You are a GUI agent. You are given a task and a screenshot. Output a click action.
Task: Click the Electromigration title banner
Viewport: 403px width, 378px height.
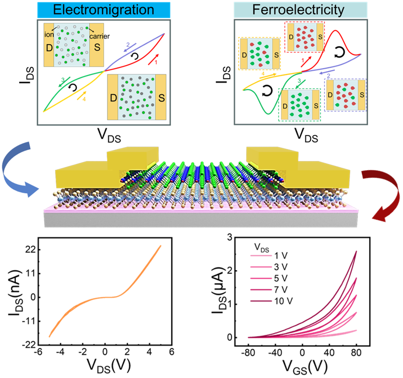tap(104, 10)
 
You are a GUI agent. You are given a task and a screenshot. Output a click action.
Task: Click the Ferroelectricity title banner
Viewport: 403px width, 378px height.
tap(300, 10)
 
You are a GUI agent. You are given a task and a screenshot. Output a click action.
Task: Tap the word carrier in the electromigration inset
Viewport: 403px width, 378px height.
tap(99, 37)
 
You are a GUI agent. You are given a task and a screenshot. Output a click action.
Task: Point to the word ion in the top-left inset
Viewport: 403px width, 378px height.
tap(49, 34)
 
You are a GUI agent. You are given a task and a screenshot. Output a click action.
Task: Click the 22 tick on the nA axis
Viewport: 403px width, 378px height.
tap(30, 250)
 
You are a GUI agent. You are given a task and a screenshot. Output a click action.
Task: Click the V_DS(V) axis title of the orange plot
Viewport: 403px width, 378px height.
tap(109, 366)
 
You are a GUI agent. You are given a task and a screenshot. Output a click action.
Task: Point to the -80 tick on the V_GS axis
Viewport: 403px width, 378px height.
tap(248, 352)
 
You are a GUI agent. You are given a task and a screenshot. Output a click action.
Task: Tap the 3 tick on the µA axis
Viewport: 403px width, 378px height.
tap(229, 237)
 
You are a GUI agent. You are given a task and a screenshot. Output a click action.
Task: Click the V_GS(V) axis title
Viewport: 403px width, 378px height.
tap(305, 366)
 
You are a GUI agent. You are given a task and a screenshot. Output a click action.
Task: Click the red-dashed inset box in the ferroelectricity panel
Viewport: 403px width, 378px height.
tap(305, 37)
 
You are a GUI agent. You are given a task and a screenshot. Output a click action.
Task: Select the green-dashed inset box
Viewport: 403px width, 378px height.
tap(300, 105)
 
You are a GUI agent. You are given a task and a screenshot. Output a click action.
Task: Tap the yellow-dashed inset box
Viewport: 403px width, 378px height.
tap(260, 53)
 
